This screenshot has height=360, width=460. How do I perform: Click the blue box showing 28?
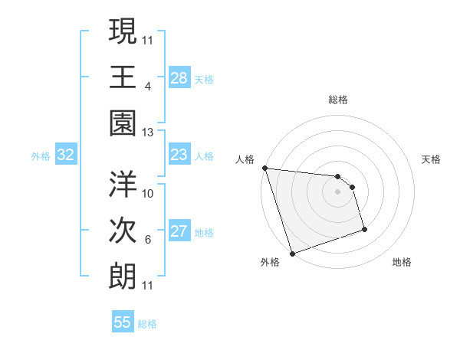pyautogui.click(x=179, y=78)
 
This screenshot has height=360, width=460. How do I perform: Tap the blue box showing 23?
pyautogui.click(x=179, y=155)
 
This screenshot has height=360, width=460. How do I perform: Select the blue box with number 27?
pyautogui.click(x=179, y=232)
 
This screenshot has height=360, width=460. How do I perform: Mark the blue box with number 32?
pyautogui.click(x=66, y=155)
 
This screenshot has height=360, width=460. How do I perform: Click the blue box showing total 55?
pyautogui.click(x=123, y=322)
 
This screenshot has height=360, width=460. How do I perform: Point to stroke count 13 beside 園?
pyautogui.click(x=149, y=132)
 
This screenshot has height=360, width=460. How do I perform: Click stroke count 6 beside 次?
pyautogui.click(x=148, y=240)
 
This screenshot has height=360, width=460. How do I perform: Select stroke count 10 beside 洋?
pyautogui.click(x=149, y=193)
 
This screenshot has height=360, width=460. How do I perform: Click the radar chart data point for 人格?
pyautogui.click(x=264, y=168)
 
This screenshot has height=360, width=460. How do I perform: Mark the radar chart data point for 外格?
pyautogui.click(x=292, y=254)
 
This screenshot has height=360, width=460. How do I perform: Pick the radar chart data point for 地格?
pyautogui.click(x=364, y=229)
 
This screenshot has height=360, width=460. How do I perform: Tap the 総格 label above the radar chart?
pyautogui.click(x=337, y=100)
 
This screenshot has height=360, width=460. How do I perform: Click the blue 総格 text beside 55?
pyautogui.click(x=147, y=323)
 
